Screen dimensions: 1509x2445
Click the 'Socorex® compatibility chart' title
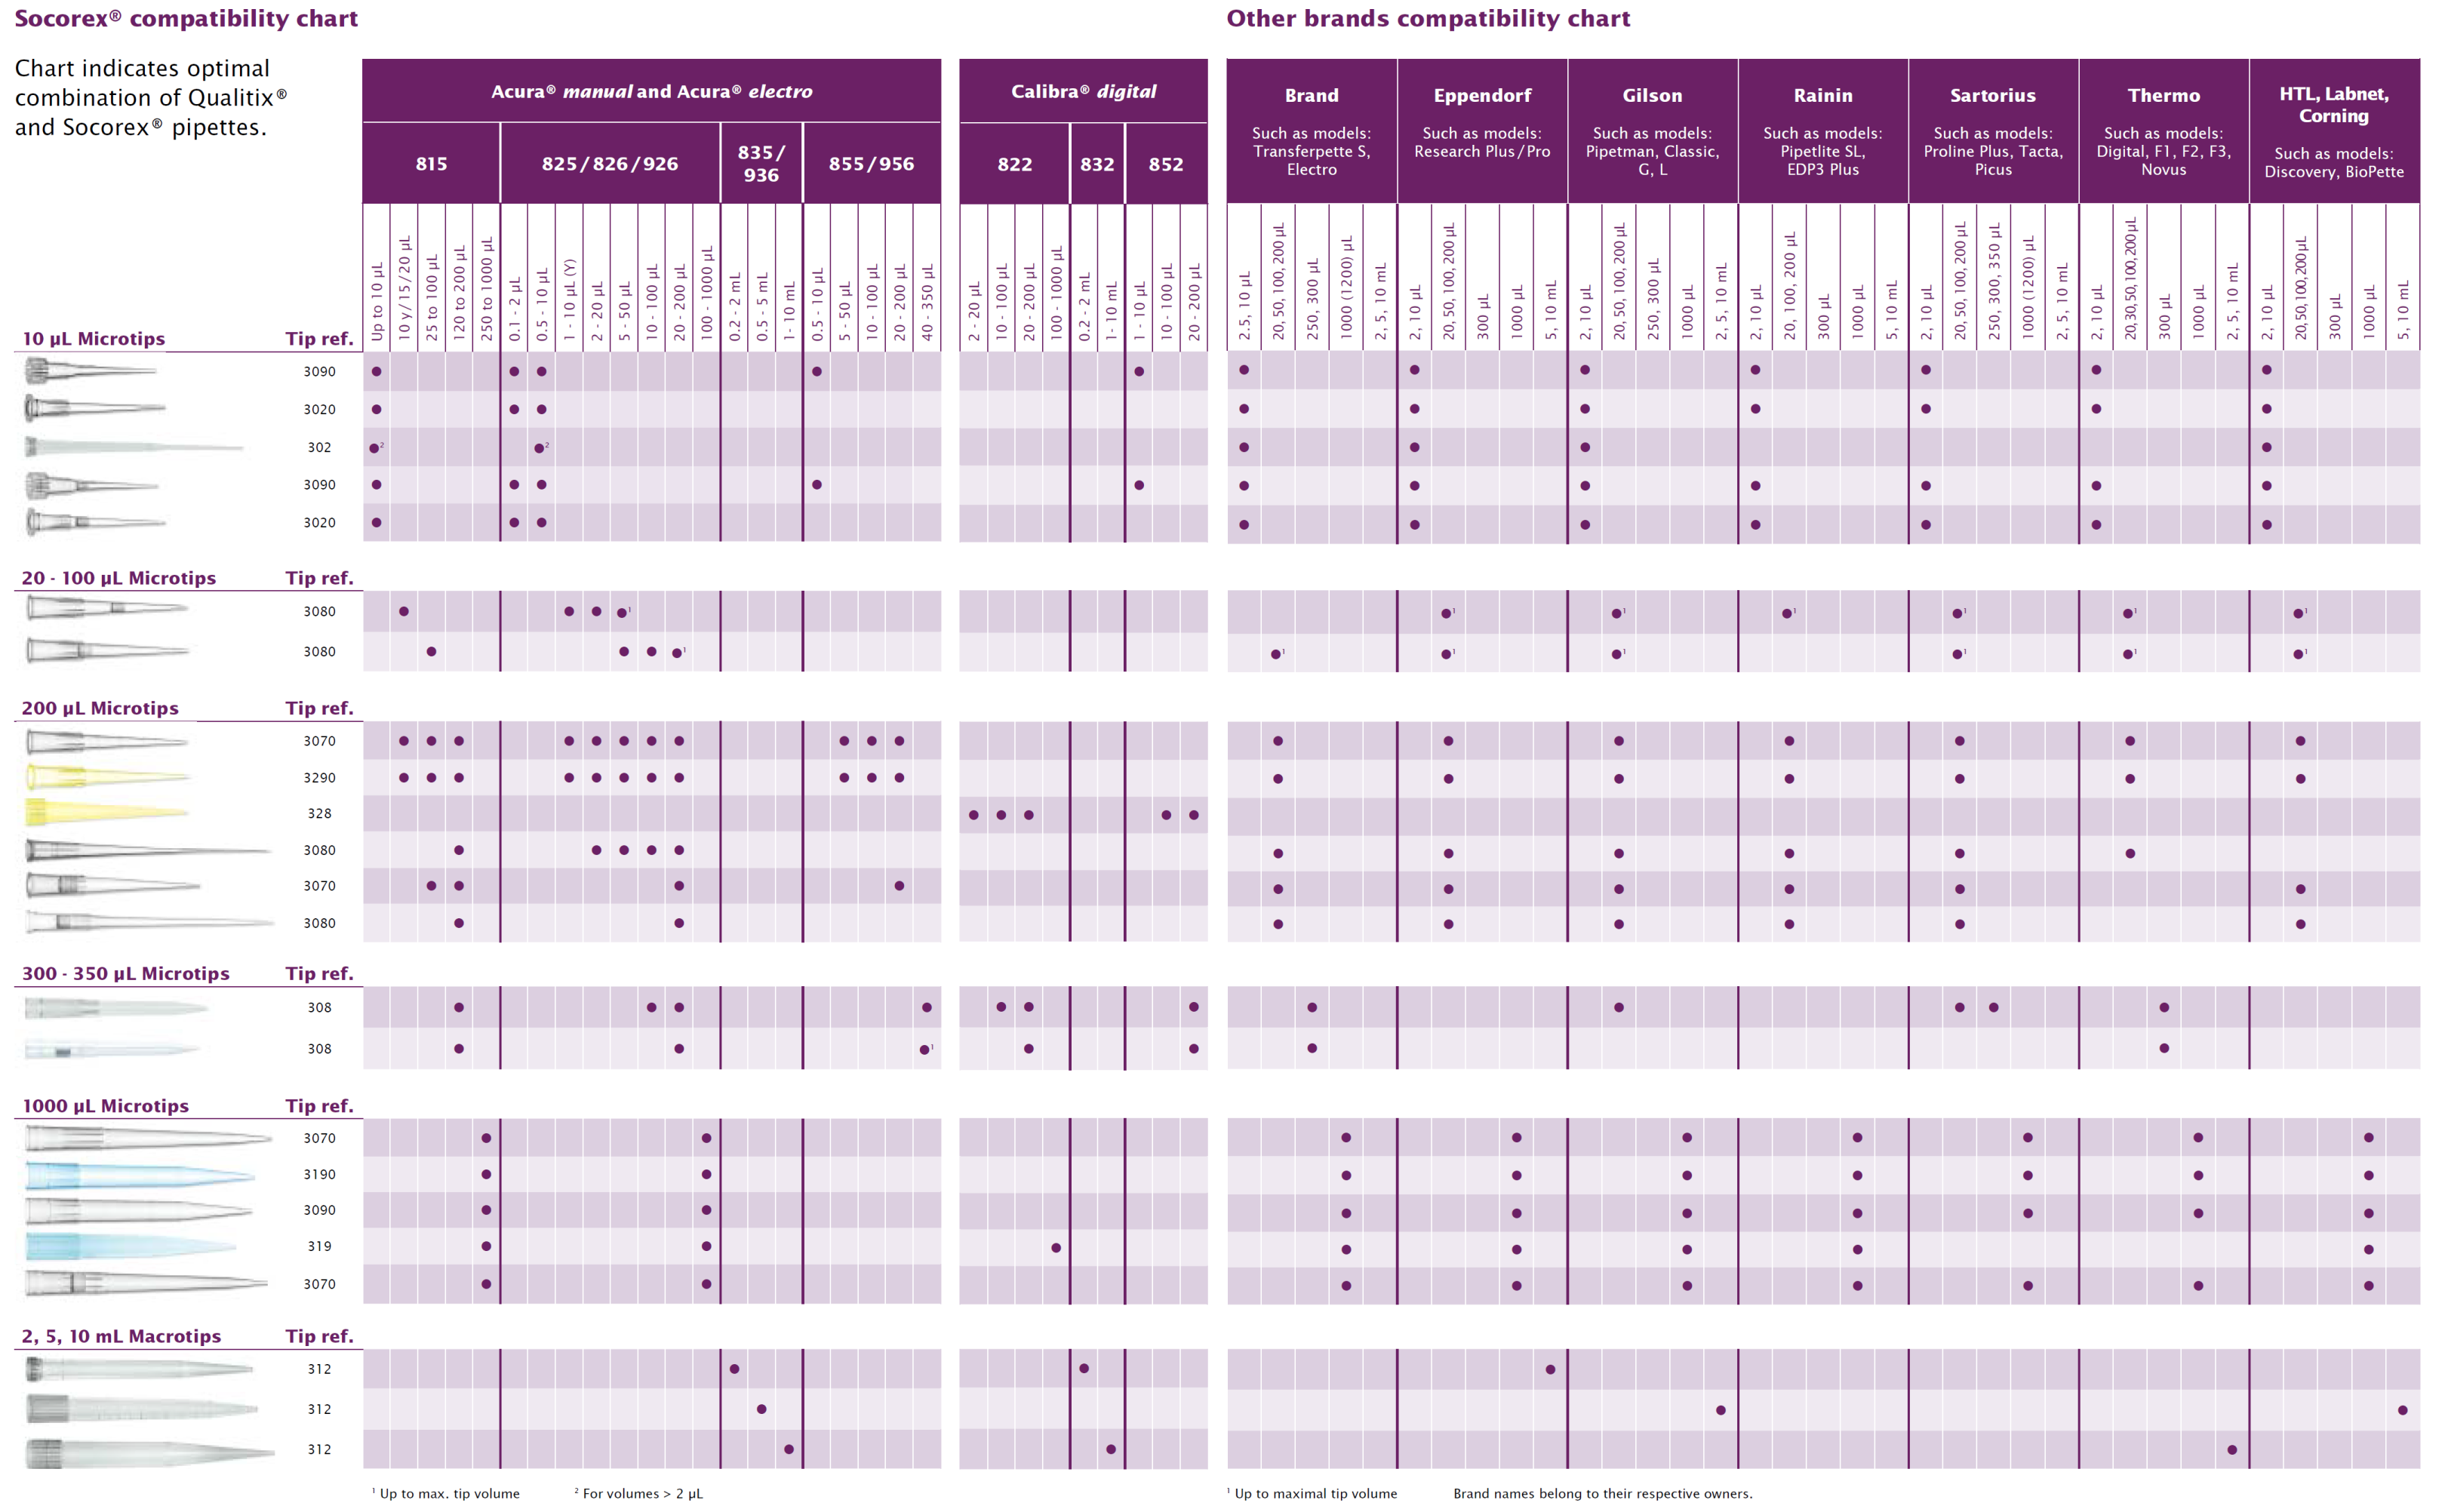click(x=186, y=18)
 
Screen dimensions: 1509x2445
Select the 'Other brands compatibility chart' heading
click(x=1427, y=18)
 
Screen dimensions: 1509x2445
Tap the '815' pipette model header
click(x=431, y=164)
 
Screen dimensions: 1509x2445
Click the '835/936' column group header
click(x=761, y=164)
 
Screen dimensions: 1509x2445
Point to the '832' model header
click(x=1096, y=164)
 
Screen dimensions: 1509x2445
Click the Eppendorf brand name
click(x=1482, y=96)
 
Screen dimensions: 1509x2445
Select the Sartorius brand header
click(x=1992, y=96)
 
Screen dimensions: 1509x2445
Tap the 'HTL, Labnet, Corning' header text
click(x=2333, y=105)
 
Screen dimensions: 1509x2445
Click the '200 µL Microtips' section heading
click(x=100, y=708)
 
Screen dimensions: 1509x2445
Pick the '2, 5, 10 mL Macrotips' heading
click(x=121, y=1336)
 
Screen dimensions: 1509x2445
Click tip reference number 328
click(x=319, y=813)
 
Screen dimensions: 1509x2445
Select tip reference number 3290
click(x=319, y=777)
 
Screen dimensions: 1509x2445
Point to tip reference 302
click(x=319, y=447)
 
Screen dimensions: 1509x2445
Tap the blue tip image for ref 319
click(x=130, y=1246)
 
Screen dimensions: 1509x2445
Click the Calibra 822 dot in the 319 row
click(x=1056, y=1247)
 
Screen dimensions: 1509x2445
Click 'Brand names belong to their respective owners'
click(x=1602, y=1493)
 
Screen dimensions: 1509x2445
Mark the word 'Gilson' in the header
click(x=1652, y=96)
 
